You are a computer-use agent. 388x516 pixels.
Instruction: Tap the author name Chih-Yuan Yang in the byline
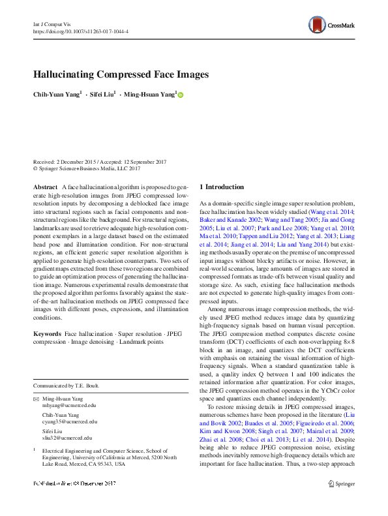tap(57, 95)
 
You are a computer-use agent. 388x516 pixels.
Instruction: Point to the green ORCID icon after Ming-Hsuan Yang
tap(181, 95)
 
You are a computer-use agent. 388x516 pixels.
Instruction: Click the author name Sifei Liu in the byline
tap(102, 95)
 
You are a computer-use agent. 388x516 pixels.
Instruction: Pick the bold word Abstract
tap(45, 187)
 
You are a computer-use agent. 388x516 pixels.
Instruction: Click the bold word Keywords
tap(47, 333)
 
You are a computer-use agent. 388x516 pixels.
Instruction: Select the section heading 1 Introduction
tap(221, 187)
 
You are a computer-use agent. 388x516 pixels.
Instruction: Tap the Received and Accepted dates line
tap(98, 161)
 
